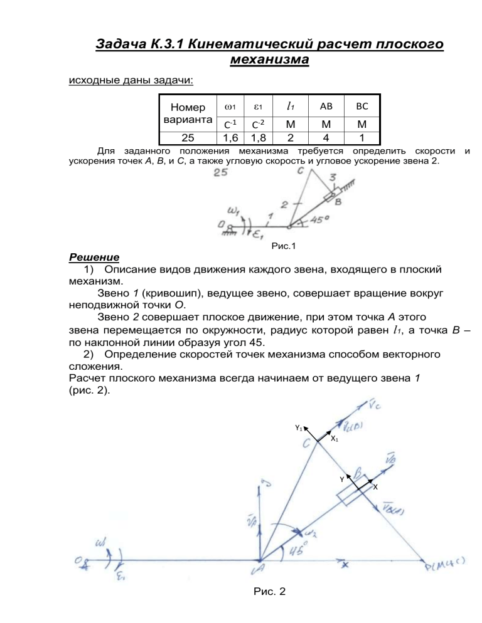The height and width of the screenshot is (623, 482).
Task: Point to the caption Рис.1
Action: (x=284, y=247)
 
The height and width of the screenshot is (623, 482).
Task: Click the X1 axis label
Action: (x=336, y=439)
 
